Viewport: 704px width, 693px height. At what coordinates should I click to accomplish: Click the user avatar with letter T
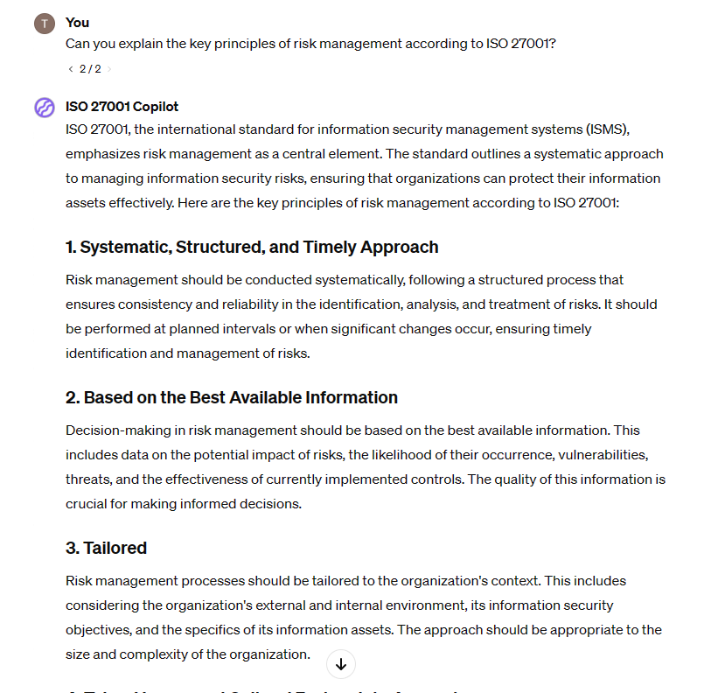[x=45, y=24]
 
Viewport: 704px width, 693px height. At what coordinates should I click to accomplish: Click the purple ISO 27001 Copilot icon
[x=45, y=108]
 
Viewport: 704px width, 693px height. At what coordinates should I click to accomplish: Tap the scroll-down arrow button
[x=341, y=664]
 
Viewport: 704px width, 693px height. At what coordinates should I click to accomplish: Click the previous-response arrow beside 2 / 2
[x=71, y=68]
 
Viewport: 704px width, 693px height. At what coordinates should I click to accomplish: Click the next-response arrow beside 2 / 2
[x=109, y=68]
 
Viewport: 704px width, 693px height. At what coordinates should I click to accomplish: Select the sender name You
[x=77, y=23]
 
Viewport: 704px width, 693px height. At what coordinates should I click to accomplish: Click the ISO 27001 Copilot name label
[x=122, y=107]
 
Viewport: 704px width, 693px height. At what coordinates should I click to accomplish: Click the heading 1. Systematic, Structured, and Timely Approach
[x=252, y=247]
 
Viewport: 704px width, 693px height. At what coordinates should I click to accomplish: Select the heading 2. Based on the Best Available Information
[x=232, y=397]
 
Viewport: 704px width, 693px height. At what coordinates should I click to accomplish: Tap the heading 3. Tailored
[x=106, y=548]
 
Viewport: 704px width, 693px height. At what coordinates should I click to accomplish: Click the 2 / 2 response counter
[x=90, y=68]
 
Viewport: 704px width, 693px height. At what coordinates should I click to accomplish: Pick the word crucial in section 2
[x=87, y=504]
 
